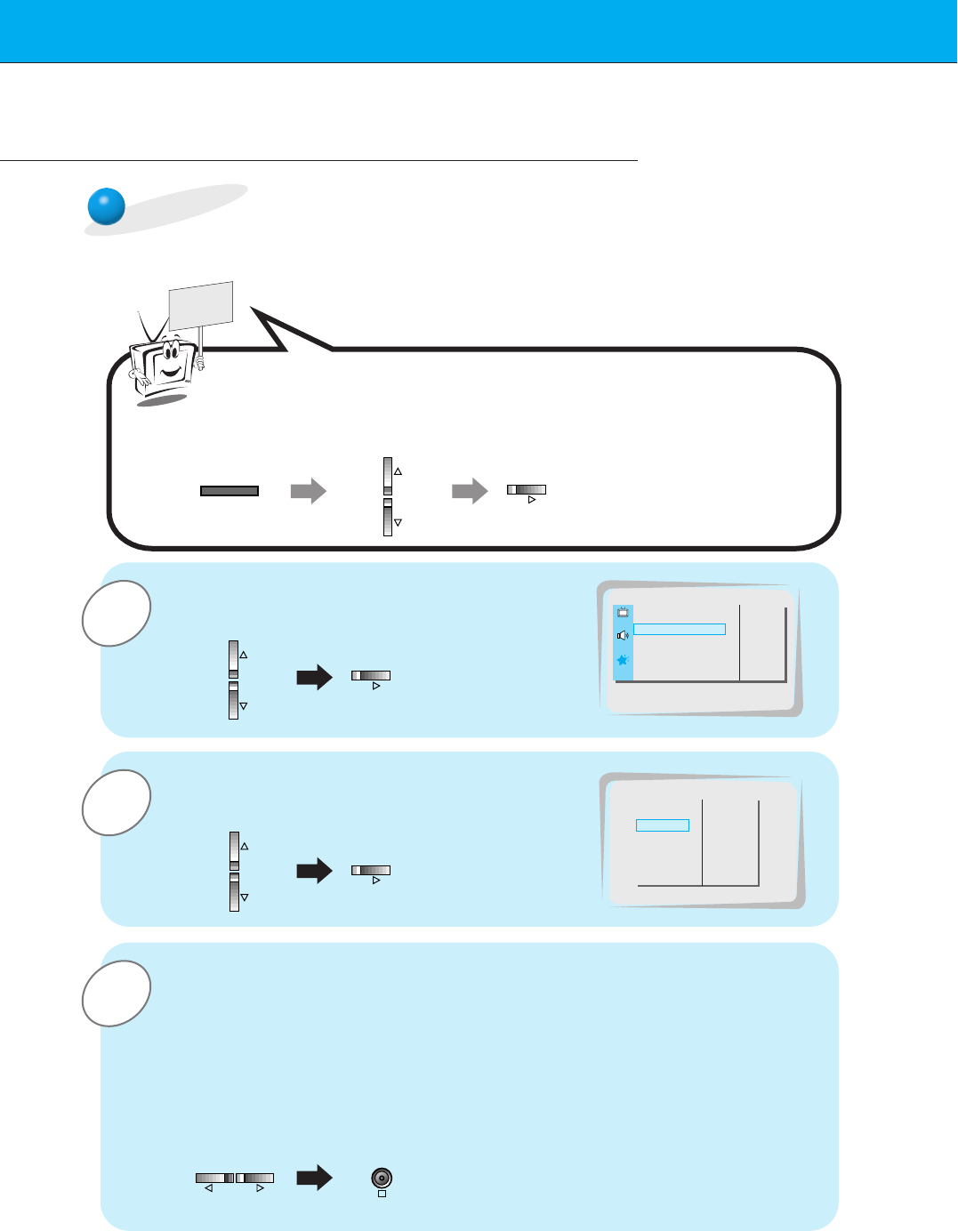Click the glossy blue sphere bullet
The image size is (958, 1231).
pos(107,206)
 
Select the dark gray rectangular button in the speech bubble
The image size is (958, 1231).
pos(229,491)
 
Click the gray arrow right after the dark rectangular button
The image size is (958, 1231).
pos(309,491)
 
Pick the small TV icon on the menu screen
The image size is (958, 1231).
pos(623,612)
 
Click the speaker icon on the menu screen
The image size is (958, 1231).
pos(623,635)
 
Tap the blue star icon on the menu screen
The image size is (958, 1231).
pos(623,660)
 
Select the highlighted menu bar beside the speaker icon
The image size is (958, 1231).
pos(680,629)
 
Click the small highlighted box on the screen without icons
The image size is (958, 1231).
pos(663,825)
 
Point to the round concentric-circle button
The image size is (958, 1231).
pos(382,1179)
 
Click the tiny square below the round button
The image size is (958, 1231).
pos(382,1194)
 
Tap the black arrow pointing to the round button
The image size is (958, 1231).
pos(314,1179)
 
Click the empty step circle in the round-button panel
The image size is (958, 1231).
pos(116,994)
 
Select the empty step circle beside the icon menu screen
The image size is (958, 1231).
pos(116,613)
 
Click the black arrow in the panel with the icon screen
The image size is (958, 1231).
pos(314,678)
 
